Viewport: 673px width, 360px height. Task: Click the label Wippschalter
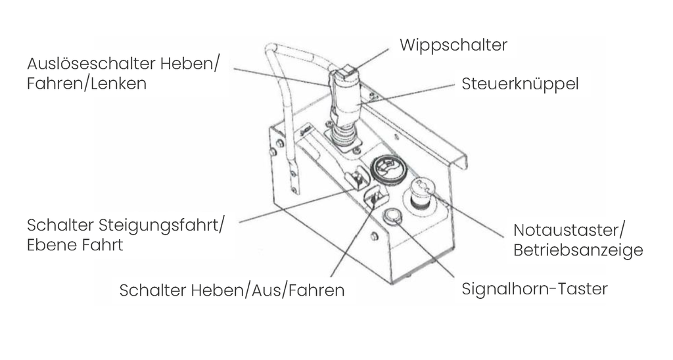453,45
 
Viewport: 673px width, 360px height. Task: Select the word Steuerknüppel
520,85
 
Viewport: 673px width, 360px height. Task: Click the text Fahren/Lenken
87,85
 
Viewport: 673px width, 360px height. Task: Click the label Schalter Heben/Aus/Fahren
231,290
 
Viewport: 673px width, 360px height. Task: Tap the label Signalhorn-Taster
534,289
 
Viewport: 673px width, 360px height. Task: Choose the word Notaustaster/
570,231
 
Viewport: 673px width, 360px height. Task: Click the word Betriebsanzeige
578,250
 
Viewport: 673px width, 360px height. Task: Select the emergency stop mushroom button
420,193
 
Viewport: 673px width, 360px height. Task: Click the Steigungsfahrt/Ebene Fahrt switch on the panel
358,178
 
